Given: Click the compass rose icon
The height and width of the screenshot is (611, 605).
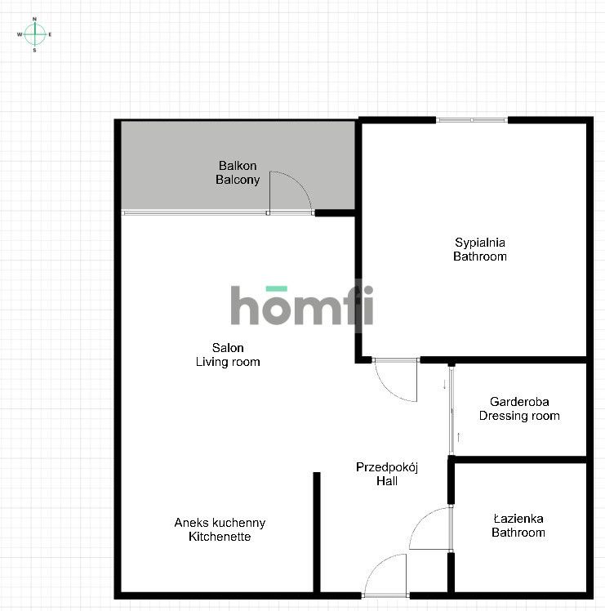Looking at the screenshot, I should (35, 33).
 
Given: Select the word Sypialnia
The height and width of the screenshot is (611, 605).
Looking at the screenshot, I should (480, 243).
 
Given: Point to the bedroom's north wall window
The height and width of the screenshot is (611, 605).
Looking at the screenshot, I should (471, 121).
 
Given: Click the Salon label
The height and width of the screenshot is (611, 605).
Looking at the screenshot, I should (227, 348).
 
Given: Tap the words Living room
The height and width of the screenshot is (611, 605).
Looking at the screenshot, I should (228, 362).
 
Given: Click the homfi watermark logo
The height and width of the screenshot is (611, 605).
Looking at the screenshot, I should (301, 306).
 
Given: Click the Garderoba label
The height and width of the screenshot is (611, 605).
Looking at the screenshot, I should (519, 402).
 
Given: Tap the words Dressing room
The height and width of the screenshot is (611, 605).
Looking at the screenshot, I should (519, 416).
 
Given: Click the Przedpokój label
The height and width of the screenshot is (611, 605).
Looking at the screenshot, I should (387, 467).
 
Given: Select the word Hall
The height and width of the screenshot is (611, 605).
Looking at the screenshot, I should (387, 481).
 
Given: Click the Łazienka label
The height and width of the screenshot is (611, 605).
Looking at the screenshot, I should (518, 519).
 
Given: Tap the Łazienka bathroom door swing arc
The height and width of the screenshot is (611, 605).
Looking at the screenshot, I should (429, 530).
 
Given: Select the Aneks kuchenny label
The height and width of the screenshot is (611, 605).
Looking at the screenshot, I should (220, 523).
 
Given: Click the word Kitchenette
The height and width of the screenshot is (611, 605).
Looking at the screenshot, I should (220, 537).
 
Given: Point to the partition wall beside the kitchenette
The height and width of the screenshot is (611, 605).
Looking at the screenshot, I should (316, 531).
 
